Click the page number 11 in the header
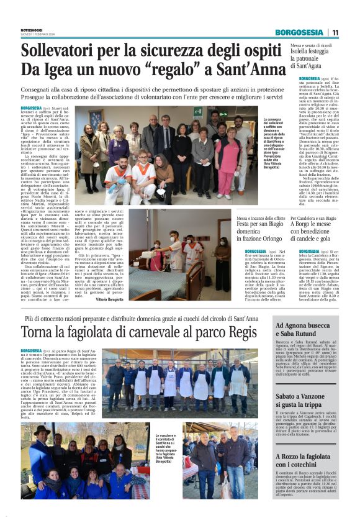(335, 32)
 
